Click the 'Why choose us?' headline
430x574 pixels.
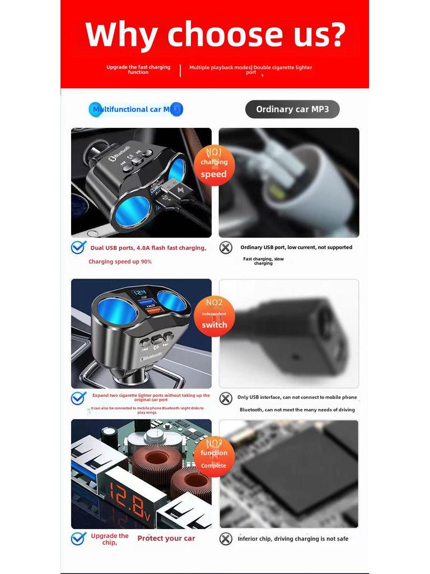[215, 35]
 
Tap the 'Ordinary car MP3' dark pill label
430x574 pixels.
[292, 109]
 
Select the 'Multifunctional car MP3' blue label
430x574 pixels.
[135, 109]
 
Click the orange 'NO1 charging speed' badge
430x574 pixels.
[214, 164]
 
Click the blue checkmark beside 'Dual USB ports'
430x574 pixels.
[78, 247]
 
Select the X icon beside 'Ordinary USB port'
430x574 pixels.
[226, 247]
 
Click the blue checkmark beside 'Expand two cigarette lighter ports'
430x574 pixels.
[78, 398]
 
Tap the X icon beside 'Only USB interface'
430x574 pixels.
[226, 398]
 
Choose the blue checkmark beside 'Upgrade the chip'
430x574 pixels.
[78, 539]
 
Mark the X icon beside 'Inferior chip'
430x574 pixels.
[226, 539]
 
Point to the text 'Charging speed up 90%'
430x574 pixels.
[120, 262]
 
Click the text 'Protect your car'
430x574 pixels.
[166, 539]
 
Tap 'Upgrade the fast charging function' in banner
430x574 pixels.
[138, 70]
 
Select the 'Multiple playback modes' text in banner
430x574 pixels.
[219, 67]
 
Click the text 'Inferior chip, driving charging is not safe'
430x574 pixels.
[293, 539]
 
